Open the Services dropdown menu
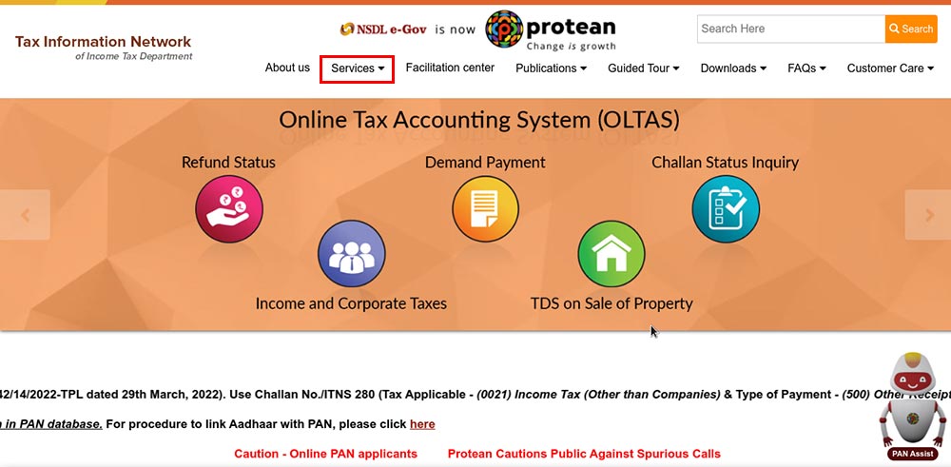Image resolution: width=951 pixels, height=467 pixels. pyautogui.click(x=358, y=68)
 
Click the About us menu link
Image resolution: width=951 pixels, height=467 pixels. pyautogui.click(x=287, y=68)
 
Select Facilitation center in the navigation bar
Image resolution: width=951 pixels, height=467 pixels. pyautogui.click(x=450, y=68)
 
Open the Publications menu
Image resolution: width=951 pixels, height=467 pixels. pyautogui.click(x=551, y=68)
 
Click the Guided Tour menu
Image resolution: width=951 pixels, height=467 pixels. pyautogui.click(x=644, y=68)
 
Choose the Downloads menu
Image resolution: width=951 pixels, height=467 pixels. pyautogui.click(x=733, y=68)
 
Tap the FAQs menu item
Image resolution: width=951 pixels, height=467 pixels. pyautogui.click(x=806, y=68)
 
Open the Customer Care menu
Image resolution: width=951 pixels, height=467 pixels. pyautogui.click(x=890, y=68)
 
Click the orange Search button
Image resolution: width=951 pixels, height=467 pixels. pyautogui.click(x=911, y=29)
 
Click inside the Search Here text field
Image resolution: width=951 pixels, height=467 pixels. pyautogui.click(x=791, y=29)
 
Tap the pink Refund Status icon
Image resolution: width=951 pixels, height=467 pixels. pyautogui.click(x=229, y=208)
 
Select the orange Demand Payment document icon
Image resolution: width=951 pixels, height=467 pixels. pyautogui.click(x=485, y=208)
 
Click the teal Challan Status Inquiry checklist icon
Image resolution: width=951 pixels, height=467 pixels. pyautogui.click(x=726, y=208)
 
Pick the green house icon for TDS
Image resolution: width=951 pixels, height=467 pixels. pyautogui.click(x=611, y=254)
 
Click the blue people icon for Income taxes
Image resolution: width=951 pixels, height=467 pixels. pyautogui.click(x=352, y=254)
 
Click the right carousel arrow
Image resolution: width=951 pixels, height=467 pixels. pyautogui.click(x=928, y=215)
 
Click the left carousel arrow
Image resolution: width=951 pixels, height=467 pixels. pyautogui.click(x=25, y=215)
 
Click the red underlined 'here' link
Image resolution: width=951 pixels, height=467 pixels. pyautogui.click(x=422, y=424)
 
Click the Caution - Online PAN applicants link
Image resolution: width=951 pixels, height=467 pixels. pyautogui.click(x=325, y=454)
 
